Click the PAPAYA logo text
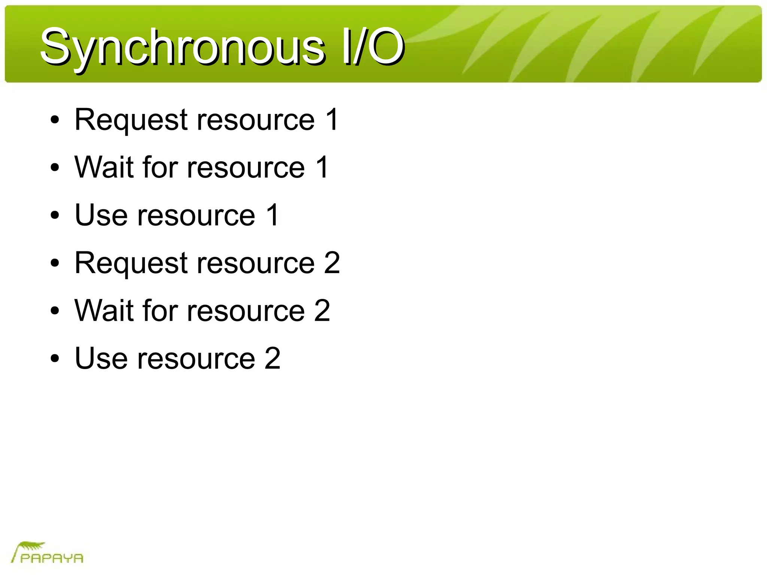[x=52, y=558]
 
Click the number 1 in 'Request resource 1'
[x=332, y=120]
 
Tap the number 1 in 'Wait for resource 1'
[x=322, y=167]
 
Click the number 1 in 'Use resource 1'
[x=273, y=215]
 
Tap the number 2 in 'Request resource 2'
[x=332, y=263]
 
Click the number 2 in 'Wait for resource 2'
[x=322, y=311]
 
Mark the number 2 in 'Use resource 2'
[x=273, y=358]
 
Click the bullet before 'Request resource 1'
[x=55, y=120]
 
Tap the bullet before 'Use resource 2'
[x=55, y=358]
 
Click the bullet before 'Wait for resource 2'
[x=55, y=311]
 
